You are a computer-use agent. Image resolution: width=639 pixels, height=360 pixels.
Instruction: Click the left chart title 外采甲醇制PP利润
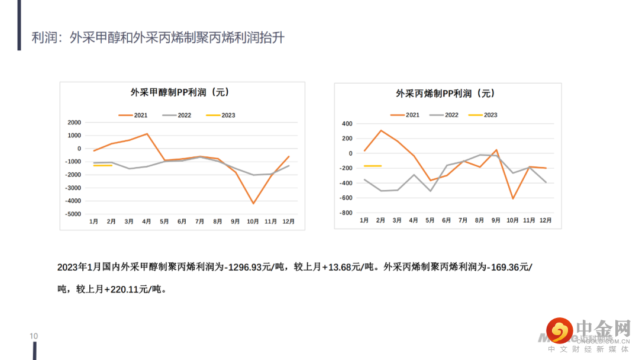click(179, 92)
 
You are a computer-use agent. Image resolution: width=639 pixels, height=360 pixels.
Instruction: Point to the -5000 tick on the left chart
click(73, 214)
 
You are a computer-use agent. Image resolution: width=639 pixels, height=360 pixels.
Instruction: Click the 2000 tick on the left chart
click(75, 123)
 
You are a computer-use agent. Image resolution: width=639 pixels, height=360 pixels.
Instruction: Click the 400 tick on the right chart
click(347, 124)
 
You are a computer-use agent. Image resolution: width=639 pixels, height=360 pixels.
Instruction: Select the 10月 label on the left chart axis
click(253, 221)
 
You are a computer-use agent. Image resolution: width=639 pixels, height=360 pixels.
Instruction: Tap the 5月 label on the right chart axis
click(430, 220)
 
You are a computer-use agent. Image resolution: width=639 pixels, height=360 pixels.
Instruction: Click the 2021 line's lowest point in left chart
click(253, 204)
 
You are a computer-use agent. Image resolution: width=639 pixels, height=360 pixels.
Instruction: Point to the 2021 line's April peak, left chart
click(147, 134)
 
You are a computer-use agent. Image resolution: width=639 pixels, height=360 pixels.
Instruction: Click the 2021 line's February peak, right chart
click(381, 130)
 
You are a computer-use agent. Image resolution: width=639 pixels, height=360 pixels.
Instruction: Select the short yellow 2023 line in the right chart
click(373, 166)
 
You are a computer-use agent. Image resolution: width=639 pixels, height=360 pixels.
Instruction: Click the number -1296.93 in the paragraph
click(246, 267)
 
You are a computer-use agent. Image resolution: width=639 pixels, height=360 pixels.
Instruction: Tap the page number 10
click(34, 336)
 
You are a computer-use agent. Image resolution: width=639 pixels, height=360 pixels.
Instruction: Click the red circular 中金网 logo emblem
click(559, 331)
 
